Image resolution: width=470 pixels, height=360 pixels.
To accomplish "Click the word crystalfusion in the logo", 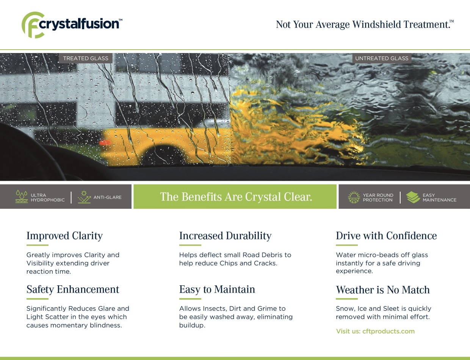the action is click(79, 23).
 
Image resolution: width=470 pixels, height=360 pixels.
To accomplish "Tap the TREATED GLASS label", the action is click(86, 58).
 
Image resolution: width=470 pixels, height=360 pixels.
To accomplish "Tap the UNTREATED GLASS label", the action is click(382, 58).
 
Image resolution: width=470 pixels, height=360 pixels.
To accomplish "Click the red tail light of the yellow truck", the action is click(105, 142).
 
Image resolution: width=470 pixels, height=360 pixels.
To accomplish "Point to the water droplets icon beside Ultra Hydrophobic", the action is click(22, 197).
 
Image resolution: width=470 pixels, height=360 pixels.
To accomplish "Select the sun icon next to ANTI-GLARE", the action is click(84, 197).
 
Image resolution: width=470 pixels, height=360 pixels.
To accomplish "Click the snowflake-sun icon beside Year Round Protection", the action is click(354, 197).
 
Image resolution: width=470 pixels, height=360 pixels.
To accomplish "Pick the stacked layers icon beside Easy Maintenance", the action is click(413, 197).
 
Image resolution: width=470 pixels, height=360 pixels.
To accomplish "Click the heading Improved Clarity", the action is click(64, 236).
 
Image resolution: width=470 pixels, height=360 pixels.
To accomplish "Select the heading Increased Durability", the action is click(225, 236).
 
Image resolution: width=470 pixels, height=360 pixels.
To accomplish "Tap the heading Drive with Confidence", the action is click(386, 236).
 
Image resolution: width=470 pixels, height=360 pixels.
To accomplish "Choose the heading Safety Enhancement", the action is click(73, 290).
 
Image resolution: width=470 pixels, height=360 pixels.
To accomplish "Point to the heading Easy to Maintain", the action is click(217, 290).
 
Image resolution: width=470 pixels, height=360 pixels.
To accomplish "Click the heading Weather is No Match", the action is click(382, 290).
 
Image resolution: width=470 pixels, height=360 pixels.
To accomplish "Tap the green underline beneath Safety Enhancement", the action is click(38, 299).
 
